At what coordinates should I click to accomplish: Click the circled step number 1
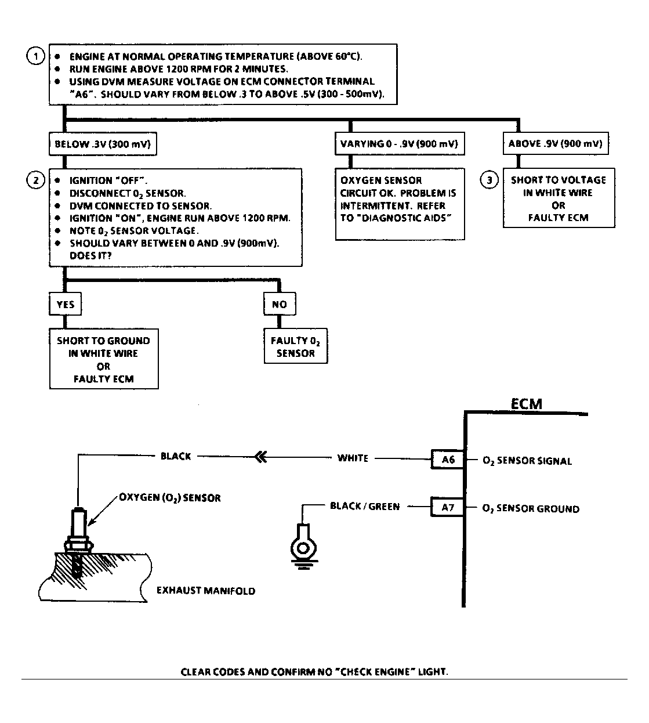pyautogui.click(x=36, y=56)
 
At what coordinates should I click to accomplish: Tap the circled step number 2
pyautogui.click(x=36, y=180)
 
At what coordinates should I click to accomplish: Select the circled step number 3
pyautogui.click(x=489, y=180)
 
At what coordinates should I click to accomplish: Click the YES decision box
pyautogui.click(x=65, y=304)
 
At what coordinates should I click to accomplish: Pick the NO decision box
pyautogui.click(x=279, y=304)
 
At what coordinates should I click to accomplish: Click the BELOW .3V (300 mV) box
pyautogui.click(x=103, y=144)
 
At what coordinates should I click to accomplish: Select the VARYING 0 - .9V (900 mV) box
pyautogui.click(x=400, y=144)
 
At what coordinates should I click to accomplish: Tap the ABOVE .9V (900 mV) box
pyautogui.click(x=556, y=144)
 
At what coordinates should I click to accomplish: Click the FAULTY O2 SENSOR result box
pyautogui.click(x=296, y=347)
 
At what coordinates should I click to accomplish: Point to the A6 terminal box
pyautogui.click(x=447, y=460)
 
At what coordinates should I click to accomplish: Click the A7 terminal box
pyautogui.click(x=447, y=508)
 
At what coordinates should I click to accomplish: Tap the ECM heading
pyautogui.click(x=526, y=404)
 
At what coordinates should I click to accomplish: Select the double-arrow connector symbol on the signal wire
pyautogui.click(x=261, y=457)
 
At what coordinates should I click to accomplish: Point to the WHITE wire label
pyautogui.click(x=353, y=458)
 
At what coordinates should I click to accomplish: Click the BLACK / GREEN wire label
pyautogui.click(x=365, y=507)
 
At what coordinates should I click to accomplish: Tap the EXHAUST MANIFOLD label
pyautogui.click(x=206, y=591)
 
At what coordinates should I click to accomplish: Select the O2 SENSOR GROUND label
pyautogui.click(x=531, y=509)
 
